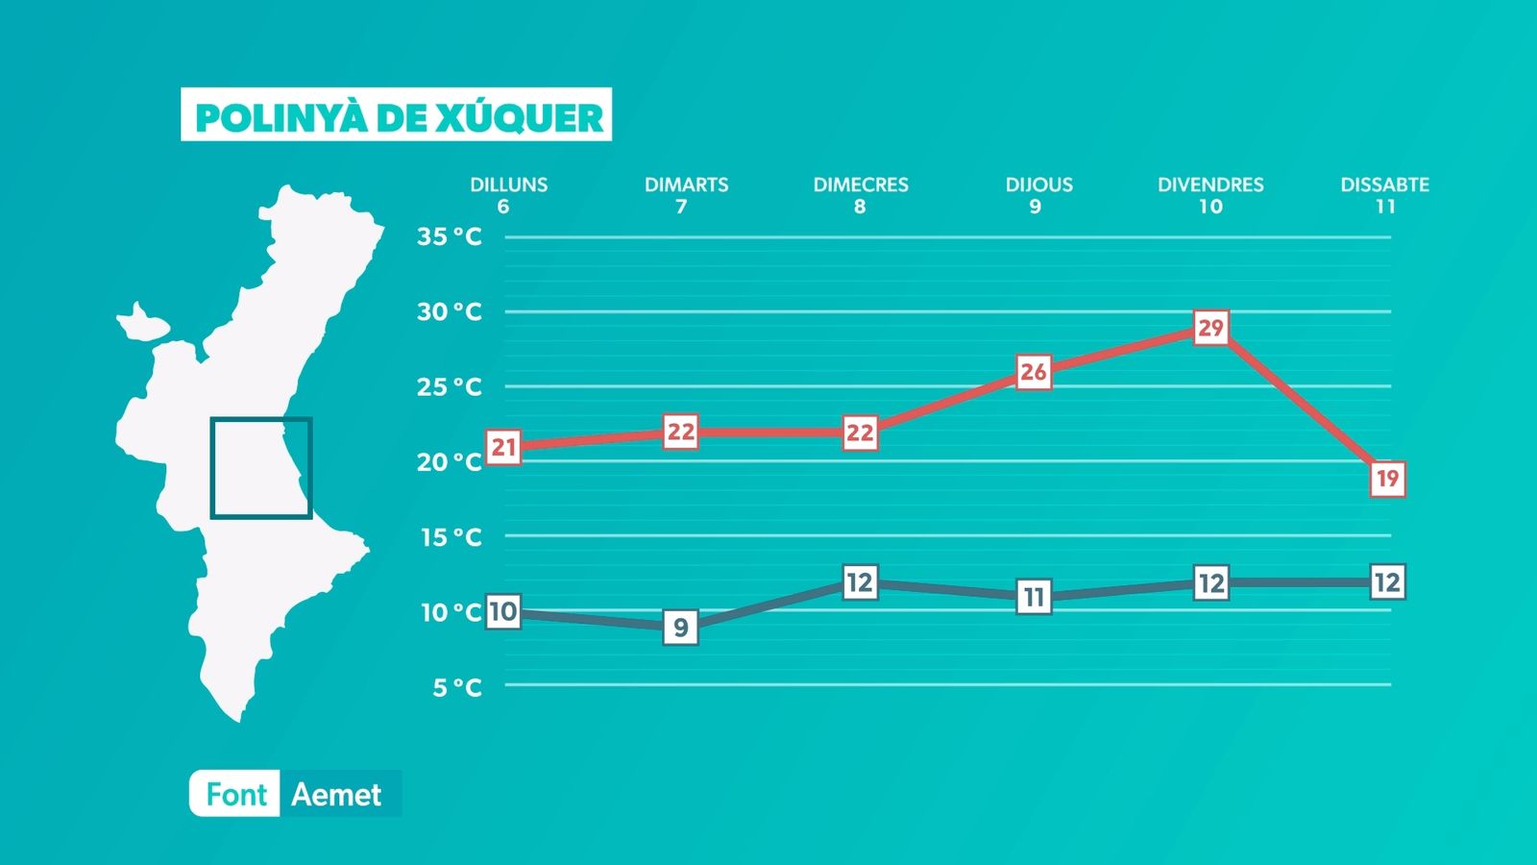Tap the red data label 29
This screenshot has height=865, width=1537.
[1210, 329]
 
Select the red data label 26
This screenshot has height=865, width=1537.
[1034, 372]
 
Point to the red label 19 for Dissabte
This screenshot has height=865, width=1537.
[1387, 479]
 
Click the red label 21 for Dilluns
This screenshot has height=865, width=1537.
[503, 447]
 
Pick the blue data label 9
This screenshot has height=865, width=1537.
[680, 628]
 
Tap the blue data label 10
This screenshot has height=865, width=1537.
[502, 611]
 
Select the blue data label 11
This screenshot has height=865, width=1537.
[1034, 597]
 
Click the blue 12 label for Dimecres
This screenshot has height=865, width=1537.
[859, 582]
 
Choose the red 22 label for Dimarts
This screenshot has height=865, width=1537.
[680, 432]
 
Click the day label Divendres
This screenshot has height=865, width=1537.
[1210, 185]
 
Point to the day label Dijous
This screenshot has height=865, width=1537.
[1038, 185]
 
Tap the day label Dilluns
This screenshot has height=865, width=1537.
[508, 185]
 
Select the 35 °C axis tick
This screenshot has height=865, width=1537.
[449, 236]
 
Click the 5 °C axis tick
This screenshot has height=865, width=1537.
[456, 687]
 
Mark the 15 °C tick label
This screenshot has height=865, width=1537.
[451, 537]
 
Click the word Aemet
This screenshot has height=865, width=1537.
[336, 795]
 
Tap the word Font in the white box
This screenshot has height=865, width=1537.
[236, 795]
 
